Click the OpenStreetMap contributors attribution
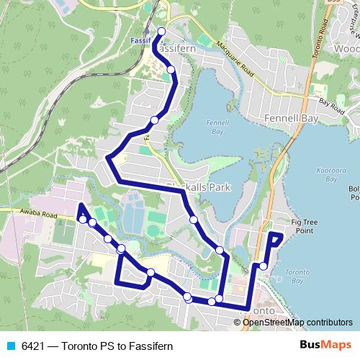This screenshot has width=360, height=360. (298, 323)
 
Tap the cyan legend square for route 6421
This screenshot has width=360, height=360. (11, 346)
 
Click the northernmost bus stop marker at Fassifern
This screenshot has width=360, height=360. (161, 31)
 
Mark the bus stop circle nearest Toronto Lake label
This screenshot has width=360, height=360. (264, 266)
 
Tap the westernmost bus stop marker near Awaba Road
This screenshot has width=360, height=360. (83, 219)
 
